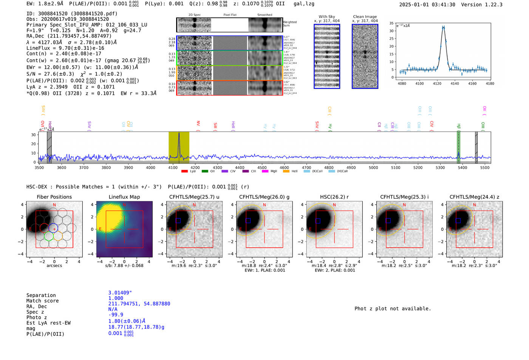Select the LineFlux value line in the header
(x=65, y=48)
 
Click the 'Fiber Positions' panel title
(x=54, y=197)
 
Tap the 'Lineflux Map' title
(x=124, y=197)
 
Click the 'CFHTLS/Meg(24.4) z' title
(x=474, y=197)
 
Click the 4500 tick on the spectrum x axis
(x=262, y=167)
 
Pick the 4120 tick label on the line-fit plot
(x=437, y=83)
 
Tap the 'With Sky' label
(x=326, y=17)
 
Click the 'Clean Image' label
(x=365, y=17)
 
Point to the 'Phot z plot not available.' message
(x=393, y=309)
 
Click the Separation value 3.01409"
(x=120, y=293)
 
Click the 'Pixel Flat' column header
(x=230, y=15)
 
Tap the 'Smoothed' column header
(x=264, y=15)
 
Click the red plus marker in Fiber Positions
(x=54, y=229)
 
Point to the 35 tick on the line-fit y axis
(x=391, y=23)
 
